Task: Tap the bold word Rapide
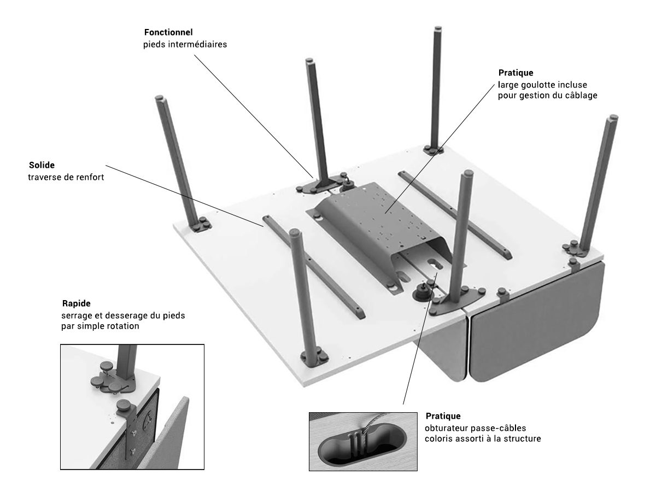[76, 303]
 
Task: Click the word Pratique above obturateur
[441, 415]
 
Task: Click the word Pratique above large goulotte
[516, 73]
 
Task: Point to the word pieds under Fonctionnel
[150, 45]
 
